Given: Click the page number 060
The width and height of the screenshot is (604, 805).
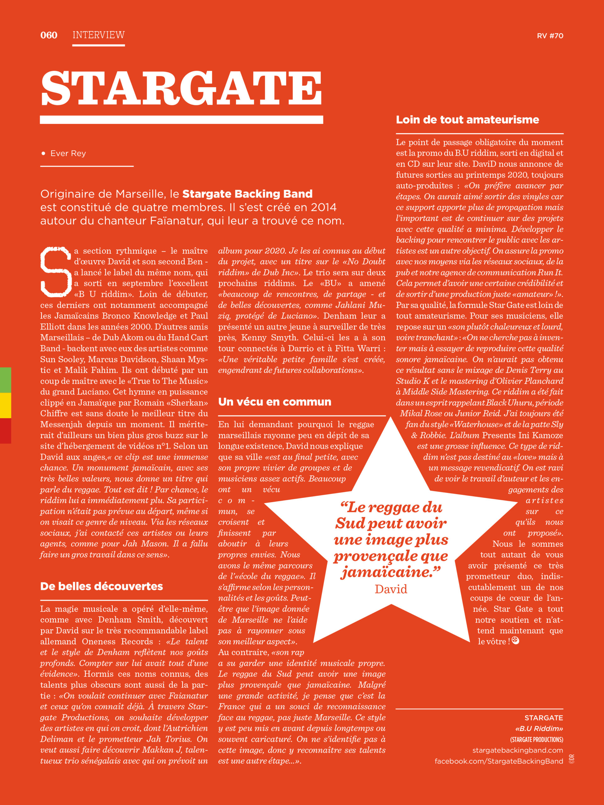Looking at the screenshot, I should click(x=49, y=35).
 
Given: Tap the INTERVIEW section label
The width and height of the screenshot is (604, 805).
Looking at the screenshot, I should click(x=98, y=35).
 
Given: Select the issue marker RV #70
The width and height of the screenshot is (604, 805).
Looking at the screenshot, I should click(x=550, y=36).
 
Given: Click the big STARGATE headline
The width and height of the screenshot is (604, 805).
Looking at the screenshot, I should click(x=181, y=88).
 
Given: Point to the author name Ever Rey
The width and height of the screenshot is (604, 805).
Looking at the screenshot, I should click(x=68, y=153).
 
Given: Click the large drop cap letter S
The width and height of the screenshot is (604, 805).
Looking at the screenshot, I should click(x=55, y=271).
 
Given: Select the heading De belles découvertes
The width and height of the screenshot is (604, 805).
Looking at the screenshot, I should click(x=102, y=586).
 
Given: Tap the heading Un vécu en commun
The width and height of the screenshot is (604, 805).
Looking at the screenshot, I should click(x=275, y=402).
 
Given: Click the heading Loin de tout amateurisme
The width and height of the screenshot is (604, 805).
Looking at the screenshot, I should click(x=467, y=120).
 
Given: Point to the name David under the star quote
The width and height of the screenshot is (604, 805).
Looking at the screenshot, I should click(x=391, y=589).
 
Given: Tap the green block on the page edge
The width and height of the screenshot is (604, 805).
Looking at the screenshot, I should click(x=5, y=380).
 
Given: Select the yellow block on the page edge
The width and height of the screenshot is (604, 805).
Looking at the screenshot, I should click(x=5, y=405).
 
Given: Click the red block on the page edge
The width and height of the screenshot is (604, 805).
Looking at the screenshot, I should click(x=5, y=431).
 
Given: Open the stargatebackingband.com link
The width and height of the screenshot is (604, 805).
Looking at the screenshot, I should click(x=517, y=750).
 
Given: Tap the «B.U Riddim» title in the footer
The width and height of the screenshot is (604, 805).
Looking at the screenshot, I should click(x=539, y=729).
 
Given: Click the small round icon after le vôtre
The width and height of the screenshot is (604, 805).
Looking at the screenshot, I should click(x=515, y=640).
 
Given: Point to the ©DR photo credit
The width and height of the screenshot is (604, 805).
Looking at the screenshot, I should click(x=572, y=759).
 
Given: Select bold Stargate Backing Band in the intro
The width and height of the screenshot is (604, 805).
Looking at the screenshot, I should click(x=247, y=194).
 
